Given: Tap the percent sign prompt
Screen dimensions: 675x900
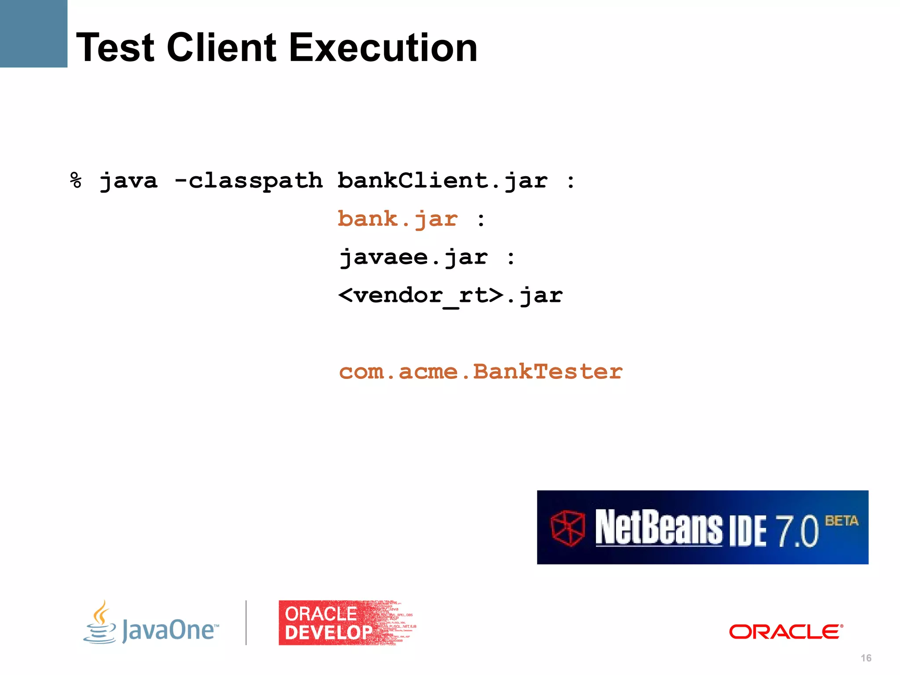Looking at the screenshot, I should [x=76, y=181].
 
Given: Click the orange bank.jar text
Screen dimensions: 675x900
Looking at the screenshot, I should [x=398, y=219].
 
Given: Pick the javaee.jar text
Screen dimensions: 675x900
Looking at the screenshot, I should [x=414, y=258].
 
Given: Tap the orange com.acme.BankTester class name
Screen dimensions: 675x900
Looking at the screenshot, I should [x=481, y=372].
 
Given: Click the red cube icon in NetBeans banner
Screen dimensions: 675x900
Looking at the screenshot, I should [x=568, y=528].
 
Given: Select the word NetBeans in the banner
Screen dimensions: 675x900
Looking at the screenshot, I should [x=658, y=527].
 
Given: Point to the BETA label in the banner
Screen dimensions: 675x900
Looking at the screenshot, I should [x=841, y=521].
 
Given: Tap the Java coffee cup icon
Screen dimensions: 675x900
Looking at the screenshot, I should [x=100, y=623].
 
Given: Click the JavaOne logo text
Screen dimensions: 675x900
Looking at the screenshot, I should [x=170, y=630].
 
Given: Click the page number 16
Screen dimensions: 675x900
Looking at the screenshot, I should [x=866, y=658].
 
